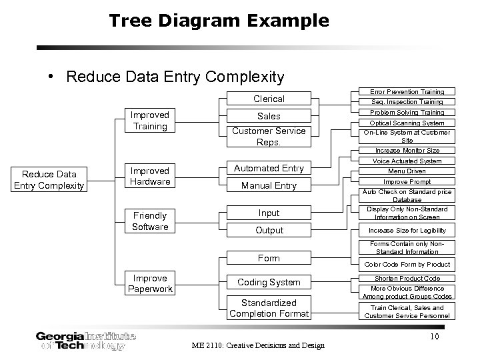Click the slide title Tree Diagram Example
(x=219, y=21)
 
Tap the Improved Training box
(x=150, y=120)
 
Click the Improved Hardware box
(x=150, y=176)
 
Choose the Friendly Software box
(x=150, y=221)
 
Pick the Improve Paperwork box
(x=150, y=283)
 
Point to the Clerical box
(x=269, y=99)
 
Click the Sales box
(x=269, y=116)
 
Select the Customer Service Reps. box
(x=269, y=137)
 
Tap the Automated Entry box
(x=269, y=169)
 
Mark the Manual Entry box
(x=269, y=185)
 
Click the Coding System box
(x=269, y=282)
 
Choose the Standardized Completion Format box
(x=269, y=308)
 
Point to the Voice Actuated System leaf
(x=407, y=161)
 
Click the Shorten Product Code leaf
(x=407, y=278)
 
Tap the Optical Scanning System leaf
(x=407, y=123)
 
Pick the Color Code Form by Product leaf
(x=407, y=265)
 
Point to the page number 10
(x=434, y=337)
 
